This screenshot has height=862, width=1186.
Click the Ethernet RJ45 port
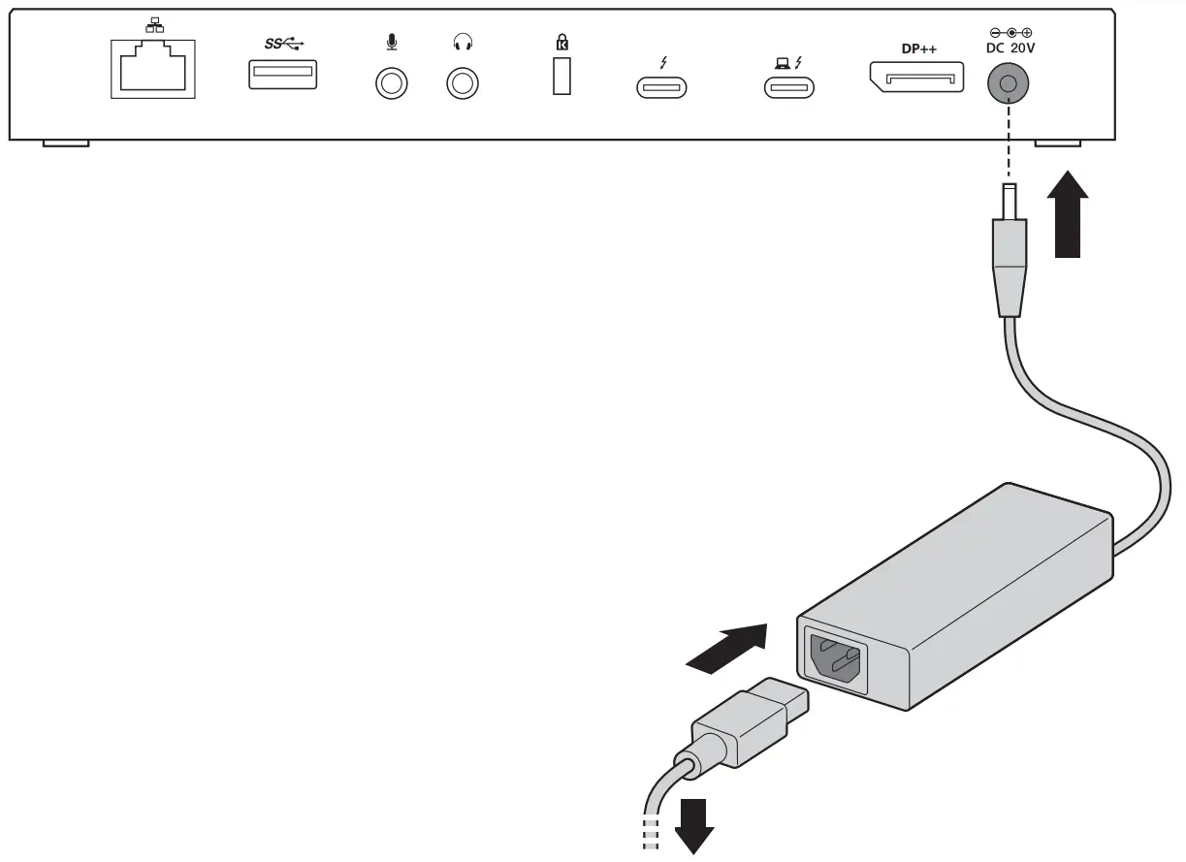(x=153, y=69)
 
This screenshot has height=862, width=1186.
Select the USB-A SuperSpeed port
(x=282, y=75)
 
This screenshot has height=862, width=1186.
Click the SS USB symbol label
(x=283, y=44)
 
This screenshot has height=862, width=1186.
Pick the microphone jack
(x=391, y=83)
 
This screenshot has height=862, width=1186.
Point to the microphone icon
(x=391, y=43)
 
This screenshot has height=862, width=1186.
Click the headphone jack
(x=462, y=83)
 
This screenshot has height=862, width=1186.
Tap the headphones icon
(x=463, y=43)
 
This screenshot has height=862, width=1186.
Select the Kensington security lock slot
(x=561, y=77)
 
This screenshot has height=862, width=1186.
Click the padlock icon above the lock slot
(x=561, y=42)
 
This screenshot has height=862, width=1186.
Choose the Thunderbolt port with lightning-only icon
(x=661, y=87)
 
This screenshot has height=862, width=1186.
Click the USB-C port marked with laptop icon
(x=788, y=87)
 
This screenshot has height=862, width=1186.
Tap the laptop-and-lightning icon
(x=788, y=63)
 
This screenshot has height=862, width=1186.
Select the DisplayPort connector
(x=915, y=77)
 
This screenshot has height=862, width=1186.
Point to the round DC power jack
(x=1008, y=84)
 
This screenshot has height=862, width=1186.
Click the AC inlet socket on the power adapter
(x=832, y=659)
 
